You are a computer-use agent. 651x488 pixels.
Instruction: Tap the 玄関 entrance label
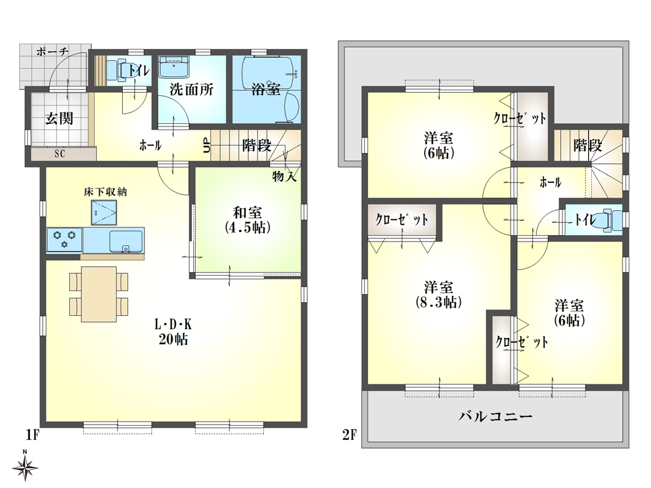pos(58,118)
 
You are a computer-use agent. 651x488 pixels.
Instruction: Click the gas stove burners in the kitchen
pos(64,240)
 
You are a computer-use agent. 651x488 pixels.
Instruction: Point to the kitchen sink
pos(125,241)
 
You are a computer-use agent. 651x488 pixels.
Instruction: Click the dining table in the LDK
pos(99,294)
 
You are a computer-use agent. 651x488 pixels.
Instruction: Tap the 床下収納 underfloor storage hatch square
pos(104,212)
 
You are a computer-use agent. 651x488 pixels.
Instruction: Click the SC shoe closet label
pos(59,153)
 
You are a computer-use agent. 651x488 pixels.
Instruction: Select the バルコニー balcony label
pos(495,417)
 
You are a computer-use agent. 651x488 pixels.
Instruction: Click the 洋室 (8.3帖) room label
pos(439,293)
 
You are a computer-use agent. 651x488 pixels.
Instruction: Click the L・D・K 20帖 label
pos(173,331)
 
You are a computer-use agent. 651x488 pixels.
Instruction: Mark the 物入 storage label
pos(284,176)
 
